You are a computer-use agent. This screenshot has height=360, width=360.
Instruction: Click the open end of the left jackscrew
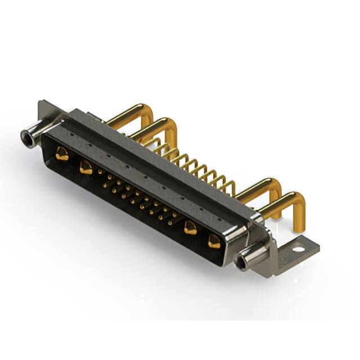[x=25, y=136]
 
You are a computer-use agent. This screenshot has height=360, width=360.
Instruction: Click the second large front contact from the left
[x=86, y=166]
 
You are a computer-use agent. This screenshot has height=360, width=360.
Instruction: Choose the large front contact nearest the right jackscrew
[x=214, y=242]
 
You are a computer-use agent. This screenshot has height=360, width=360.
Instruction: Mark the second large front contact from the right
[x=191, y=228]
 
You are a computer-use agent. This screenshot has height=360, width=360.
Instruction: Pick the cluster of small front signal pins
[x=138, y=197]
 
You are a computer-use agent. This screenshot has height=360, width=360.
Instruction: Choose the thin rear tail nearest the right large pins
[x=231, y=186]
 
